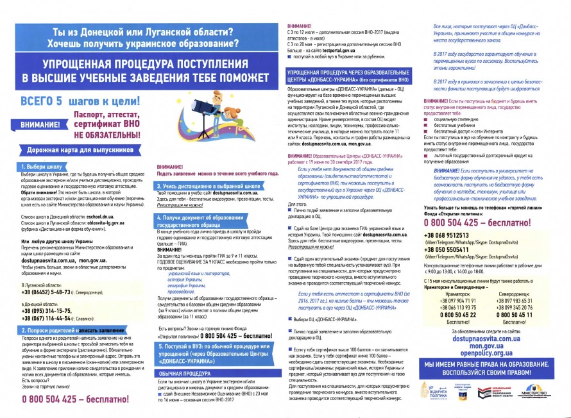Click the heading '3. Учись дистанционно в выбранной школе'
[x=209, y=186]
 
